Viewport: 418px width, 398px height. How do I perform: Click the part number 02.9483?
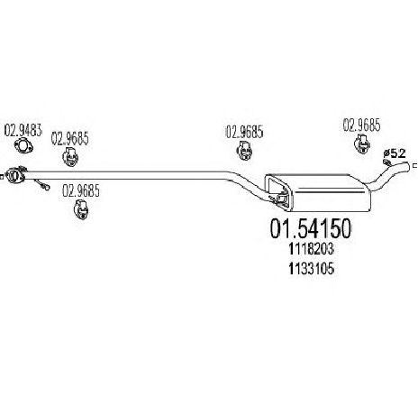pyautogui.click(x=23, y=131)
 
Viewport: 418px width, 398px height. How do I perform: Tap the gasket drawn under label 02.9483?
pyautogui.click(x=23, y=145)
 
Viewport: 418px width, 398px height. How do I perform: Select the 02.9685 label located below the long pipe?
pyautogui.click(x=81, y=190)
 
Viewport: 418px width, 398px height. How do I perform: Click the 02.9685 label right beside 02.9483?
pyautogui.click(x=70, y=139)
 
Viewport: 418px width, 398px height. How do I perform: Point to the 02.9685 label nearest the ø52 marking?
pyautogui.click(x=361, y=125)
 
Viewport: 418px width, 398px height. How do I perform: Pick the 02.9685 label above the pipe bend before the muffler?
pyautogui.click(x=244, y=132)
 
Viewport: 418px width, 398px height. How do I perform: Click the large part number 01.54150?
pyautogui.click(x=311, y=228)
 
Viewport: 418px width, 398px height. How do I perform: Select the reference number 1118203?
pyautogui.click(x=312, y=249)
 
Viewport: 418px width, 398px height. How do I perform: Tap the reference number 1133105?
pyautogui.click(x=312, y=268)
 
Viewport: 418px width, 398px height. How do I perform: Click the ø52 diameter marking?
pyautogui.click(x=395, y=153)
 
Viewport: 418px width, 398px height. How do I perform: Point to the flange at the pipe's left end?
pyautogui.click(x=15, y=174)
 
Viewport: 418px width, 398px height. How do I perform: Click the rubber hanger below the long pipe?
pyautogui.click(x=80, y=208)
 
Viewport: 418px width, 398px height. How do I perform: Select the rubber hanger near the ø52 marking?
pyautogui.click(x=362, y=143)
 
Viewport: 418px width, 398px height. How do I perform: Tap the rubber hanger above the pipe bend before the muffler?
pyautogui.click(x=244, y=151)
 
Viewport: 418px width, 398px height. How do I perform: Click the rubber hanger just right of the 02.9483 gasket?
pyautogui.click(x=70, y=156)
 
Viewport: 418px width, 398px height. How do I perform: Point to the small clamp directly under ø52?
pyautogui.click(x=387, y=162)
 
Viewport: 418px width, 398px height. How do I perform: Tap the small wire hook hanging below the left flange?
pyautogui.click(x=42, y=184)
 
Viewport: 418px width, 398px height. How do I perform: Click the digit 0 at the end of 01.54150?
pyautogui.click(x=345, y=228)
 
